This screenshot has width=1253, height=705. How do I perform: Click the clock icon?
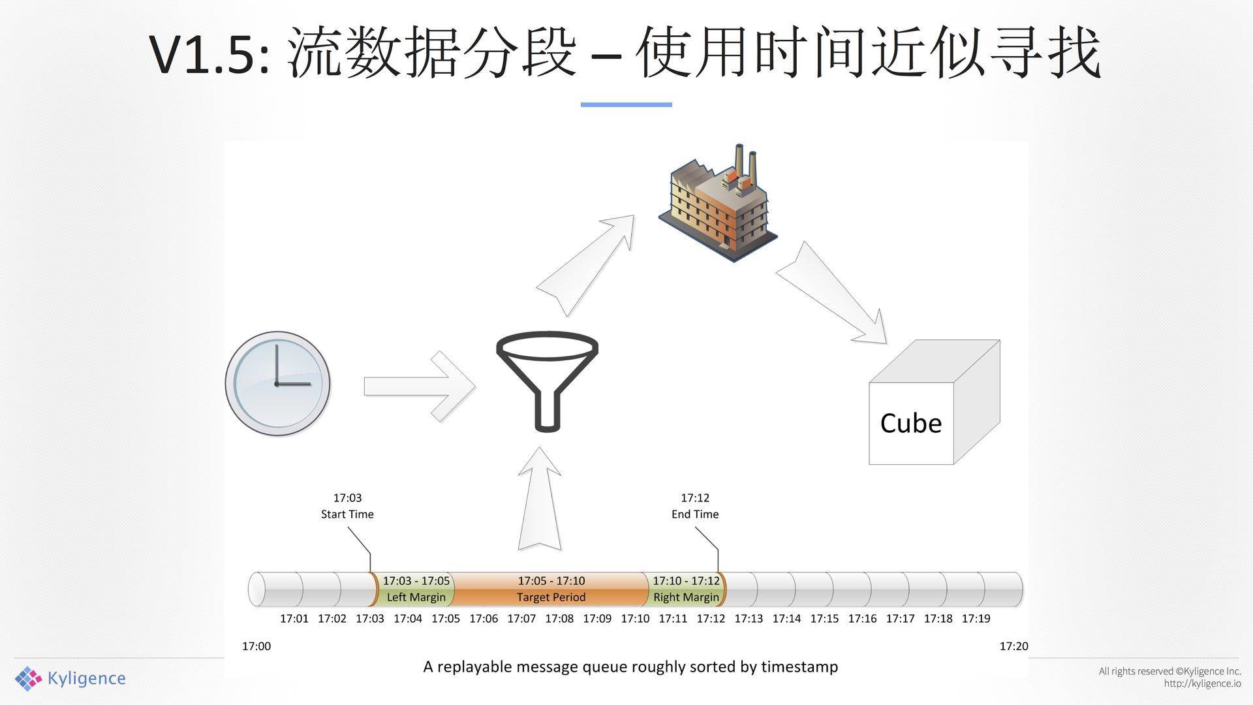tap(277, 384)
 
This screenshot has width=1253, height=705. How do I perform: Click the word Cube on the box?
tap(910, 423)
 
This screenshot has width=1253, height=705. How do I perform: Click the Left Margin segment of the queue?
tap(416, 589)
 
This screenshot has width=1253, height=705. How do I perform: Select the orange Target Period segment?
tap(551, 589)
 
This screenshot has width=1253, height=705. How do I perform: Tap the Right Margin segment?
tap(686, 589)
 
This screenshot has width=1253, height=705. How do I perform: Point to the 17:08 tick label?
tap(559, 618)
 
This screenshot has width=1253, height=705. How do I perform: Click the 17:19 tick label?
tap(976, 618)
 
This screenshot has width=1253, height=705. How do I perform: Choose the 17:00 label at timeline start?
tap(256, 646)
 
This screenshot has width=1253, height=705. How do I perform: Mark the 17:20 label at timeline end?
tap(1013, 646)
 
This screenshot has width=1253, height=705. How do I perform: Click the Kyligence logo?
tap(70, 678)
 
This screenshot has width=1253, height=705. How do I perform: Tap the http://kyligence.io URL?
tap(1202, 683)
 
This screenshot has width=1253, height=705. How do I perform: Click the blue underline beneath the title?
tap(626, 104)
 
